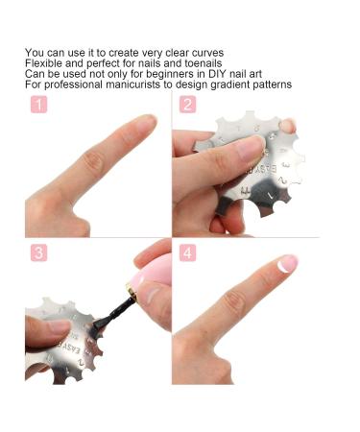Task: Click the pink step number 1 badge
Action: (38, 105)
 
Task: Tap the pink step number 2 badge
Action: (187, 105)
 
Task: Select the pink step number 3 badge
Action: (38, 253)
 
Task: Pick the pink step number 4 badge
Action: (187, 253)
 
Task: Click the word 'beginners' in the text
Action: (159, 74)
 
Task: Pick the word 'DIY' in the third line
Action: (208, 74)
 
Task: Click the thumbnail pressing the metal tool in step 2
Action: (250, 148)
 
